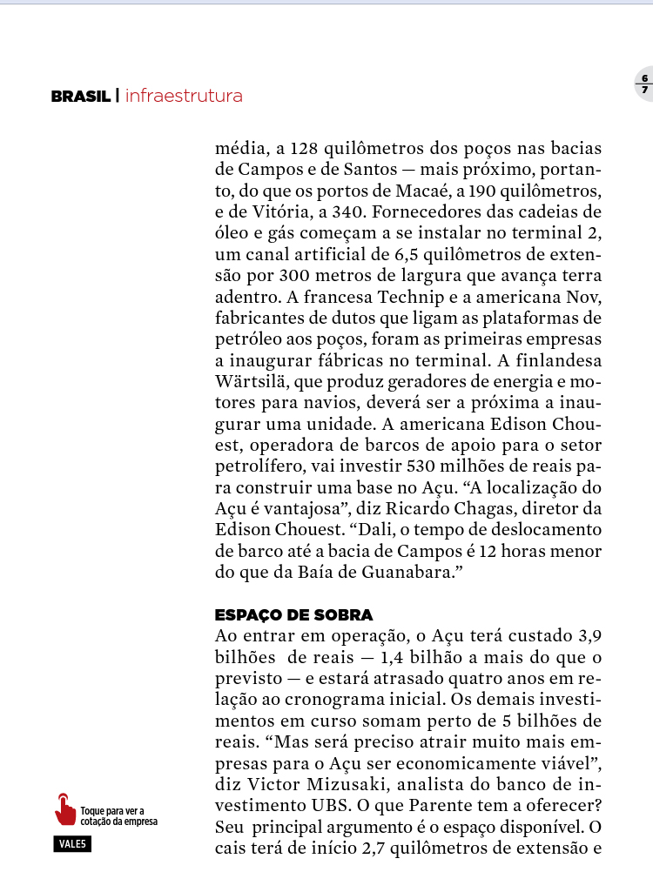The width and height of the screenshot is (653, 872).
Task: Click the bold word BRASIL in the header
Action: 80,97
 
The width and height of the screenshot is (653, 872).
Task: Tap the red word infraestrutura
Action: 184,96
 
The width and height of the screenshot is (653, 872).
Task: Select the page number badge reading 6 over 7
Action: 644,84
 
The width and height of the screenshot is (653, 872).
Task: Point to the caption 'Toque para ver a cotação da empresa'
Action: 118,816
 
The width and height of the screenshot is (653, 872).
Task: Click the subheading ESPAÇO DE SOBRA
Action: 293,615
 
